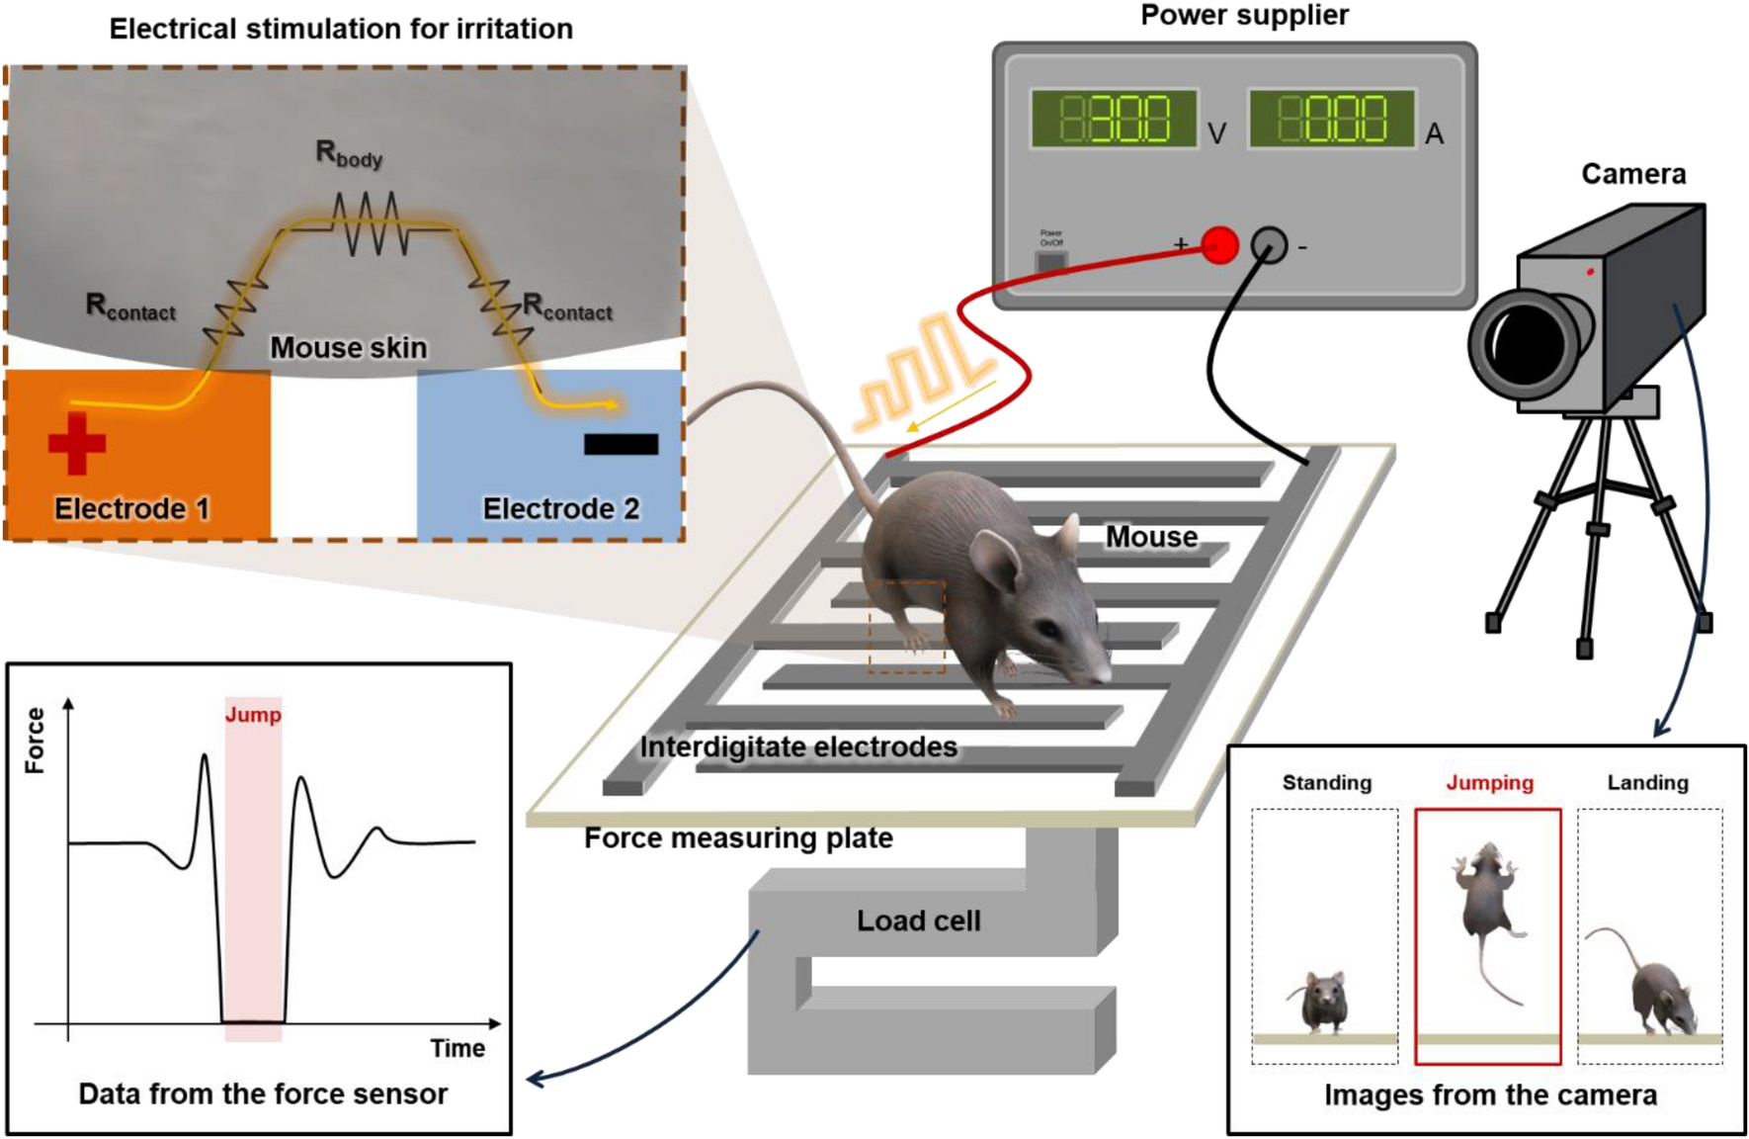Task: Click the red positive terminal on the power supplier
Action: (x=1220, y=244)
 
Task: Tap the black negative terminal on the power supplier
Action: (x=1270, y=245)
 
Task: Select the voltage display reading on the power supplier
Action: (x=1114, y=120)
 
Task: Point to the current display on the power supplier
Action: (x=1332, y=120)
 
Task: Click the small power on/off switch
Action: (x=1050, y=261)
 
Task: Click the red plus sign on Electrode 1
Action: (x=77, y=443)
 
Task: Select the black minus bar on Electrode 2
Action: (x=621, y=444)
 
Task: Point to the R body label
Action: (x=348, y=153)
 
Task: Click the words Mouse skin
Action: (x=348, y=348)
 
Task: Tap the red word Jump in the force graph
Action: (x=253, y=715)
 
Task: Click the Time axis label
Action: (x=458, y=1048)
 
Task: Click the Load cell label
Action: (x=918, y=920)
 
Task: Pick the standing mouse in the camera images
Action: (x=1323, y=1001)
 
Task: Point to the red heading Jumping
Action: (x=1489, y=783)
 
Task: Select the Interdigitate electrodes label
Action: (x=798, y=746)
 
